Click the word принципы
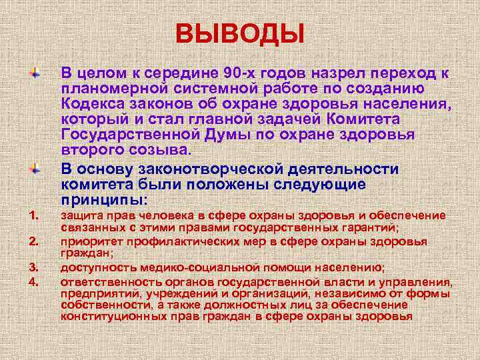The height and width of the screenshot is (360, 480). click(103, 199)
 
